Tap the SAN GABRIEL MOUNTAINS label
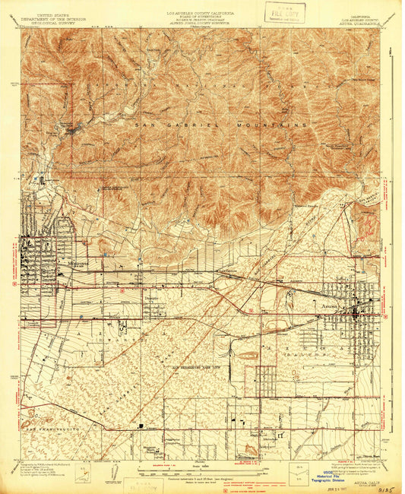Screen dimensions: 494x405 [221, 123]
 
